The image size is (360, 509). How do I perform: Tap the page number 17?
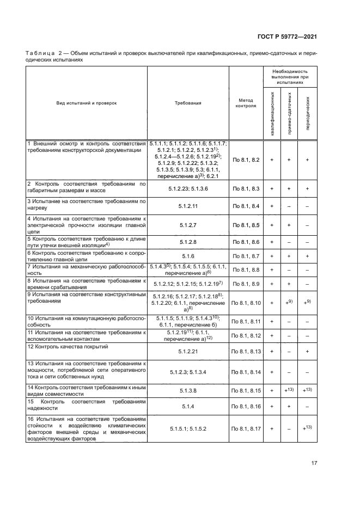(314, 463)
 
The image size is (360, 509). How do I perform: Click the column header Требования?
(188, 103)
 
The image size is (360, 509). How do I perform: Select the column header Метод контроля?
(246, 103)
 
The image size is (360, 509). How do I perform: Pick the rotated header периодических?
(308, 115)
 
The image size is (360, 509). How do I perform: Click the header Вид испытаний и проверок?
(87, 103)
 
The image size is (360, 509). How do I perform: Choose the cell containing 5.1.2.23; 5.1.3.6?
(188, 188)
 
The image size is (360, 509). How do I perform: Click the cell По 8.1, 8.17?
(246, 429)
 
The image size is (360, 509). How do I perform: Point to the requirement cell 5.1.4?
(188, 406)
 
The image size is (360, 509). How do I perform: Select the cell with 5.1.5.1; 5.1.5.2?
(188, 429)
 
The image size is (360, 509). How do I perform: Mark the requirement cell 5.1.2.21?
(188, 352)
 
